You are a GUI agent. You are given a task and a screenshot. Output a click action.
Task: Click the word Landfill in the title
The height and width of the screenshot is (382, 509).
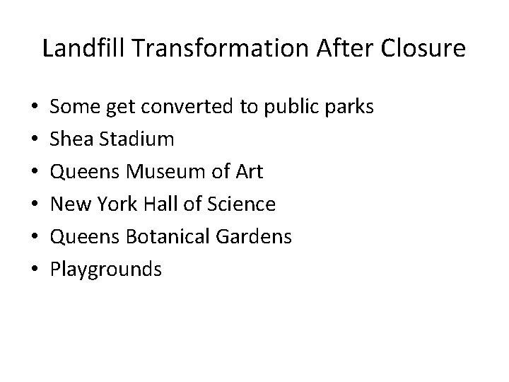(74, 48)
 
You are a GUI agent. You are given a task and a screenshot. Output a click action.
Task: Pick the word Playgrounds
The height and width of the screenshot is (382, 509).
(107, 269)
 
